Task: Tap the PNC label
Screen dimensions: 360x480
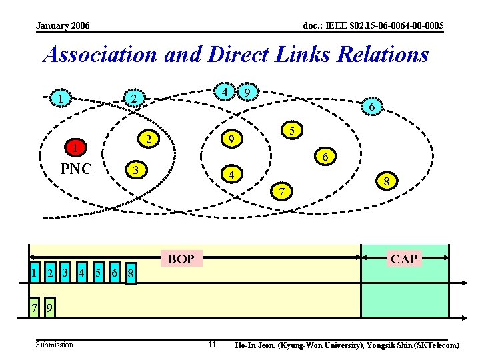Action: point(76,169)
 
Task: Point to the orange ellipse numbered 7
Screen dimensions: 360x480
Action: point(283,192)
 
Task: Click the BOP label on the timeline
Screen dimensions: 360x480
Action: point(181,259)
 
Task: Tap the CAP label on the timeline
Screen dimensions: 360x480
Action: point(404,259)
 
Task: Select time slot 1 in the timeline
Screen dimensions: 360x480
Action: point(33,272)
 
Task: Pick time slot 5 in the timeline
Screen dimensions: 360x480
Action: point(97,272)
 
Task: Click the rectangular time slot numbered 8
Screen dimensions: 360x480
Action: point(131,273)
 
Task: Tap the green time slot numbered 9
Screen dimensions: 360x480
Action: point(50,308)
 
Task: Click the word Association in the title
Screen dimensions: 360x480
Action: point(99,55)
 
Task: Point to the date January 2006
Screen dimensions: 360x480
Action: point(63,26)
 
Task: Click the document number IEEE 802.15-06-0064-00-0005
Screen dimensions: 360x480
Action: point(373,26)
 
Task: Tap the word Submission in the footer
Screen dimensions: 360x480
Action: point(55,345)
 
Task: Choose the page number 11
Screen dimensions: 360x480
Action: point(212,345)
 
